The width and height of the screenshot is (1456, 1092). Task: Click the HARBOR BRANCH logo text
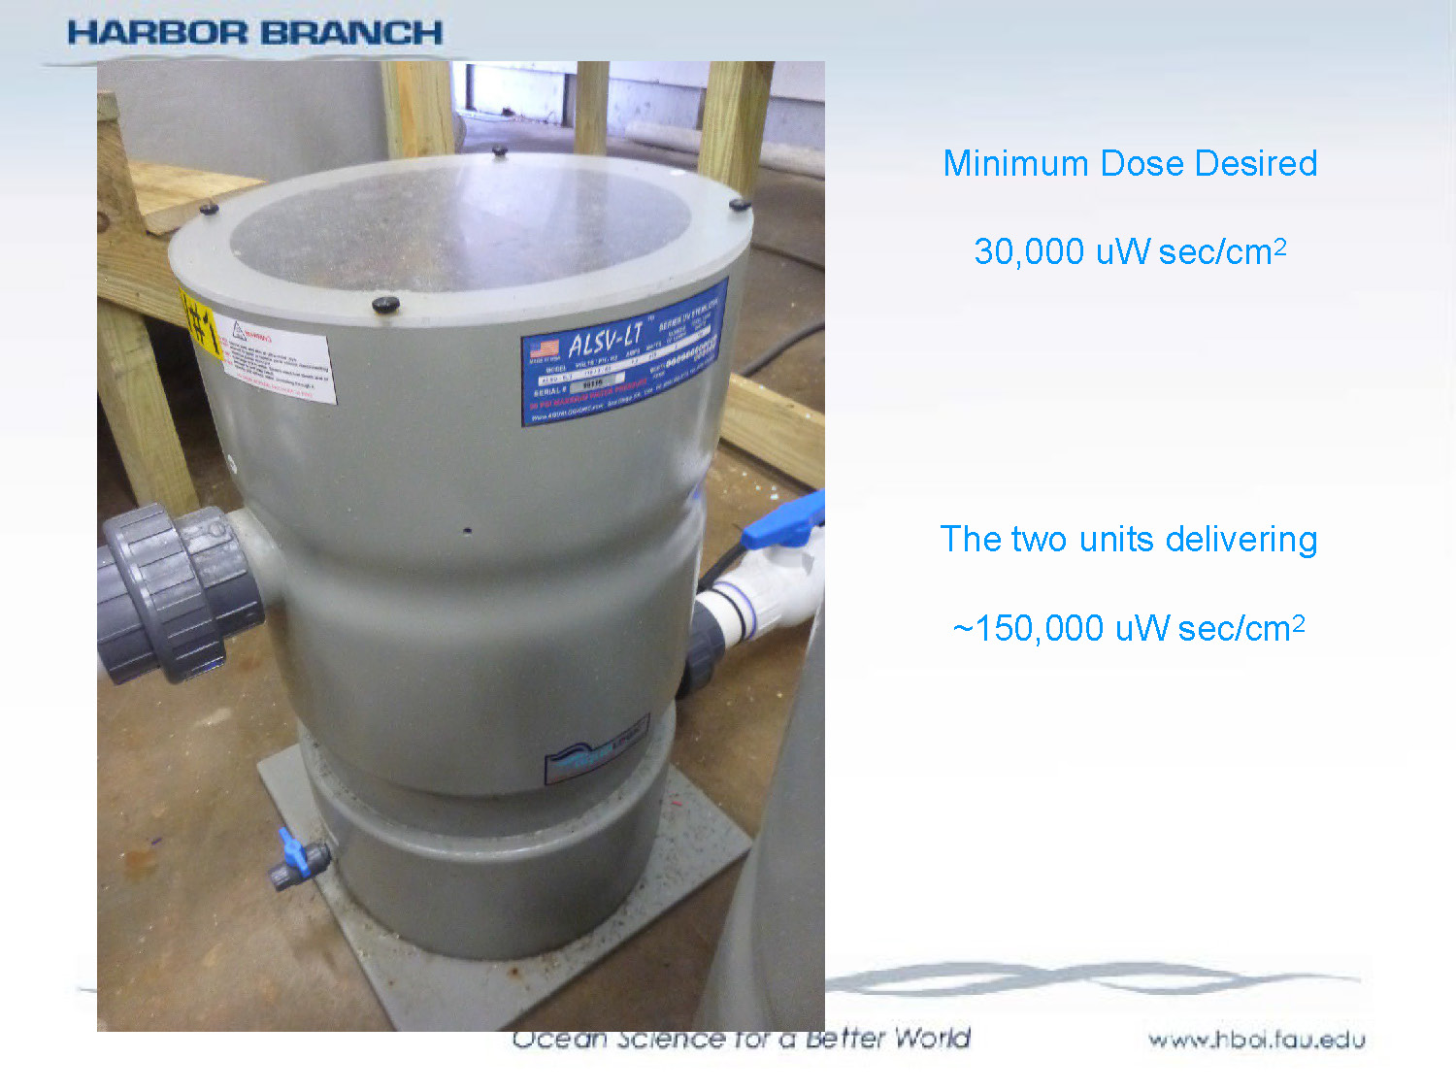pyautogui.click(x=254, y=32)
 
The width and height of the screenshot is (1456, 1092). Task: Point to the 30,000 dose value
pyautogui.click(x=1029, y=251)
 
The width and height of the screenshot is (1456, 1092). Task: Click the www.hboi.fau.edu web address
pyautogui.click(x=1256, y=1041)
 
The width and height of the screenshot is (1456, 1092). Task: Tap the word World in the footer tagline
pyautogui.click(x=932, y=1038)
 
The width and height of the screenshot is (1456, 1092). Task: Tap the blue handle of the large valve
pyautogui.click(x=784, y=524)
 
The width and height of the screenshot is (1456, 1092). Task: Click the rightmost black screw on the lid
pyautogui.click(x=739, y=204)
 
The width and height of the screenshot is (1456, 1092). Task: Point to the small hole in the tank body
pyautogui.click(x=468, y=531)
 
